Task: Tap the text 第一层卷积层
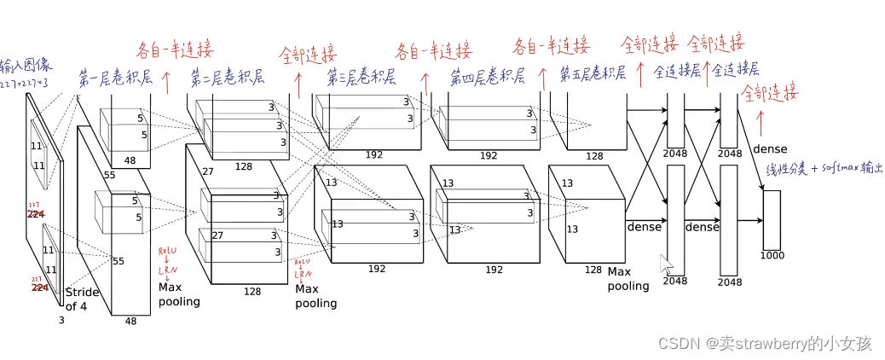[x=115, y=78]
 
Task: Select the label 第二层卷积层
[x=227, y=76]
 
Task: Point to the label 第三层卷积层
[x=362, y=78]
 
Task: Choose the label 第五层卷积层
[x=593, y=74]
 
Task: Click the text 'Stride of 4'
[x=82, y=299]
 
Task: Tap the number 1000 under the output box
[x=772, y=256]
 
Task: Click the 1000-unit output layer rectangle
[x=772, y=219]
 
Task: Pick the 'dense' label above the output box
[x=770, y=148]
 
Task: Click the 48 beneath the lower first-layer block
[x=130, y=322]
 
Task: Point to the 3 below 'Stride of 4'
[x=61, y=320]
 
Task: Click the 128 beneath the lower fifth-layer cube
[x=593, y=270]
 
